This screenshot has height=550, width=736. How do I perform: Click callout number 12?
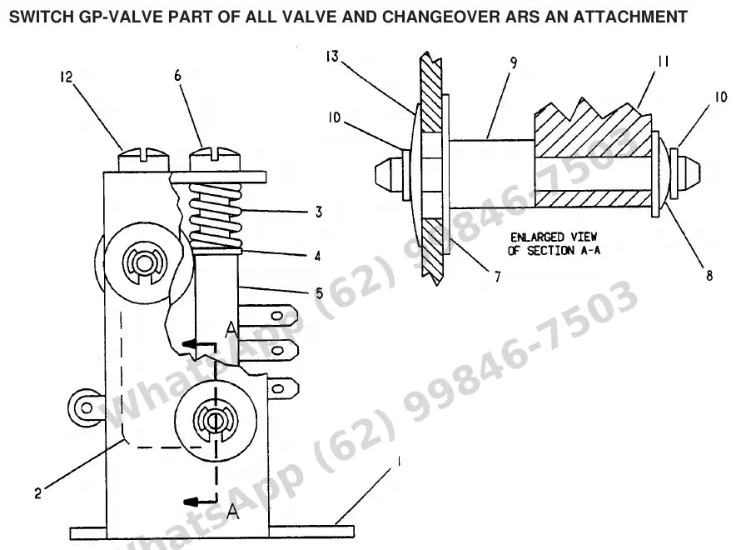(x=66, y=77)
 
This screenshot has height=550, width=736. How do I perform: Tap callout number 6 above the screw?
(x=177, y=76)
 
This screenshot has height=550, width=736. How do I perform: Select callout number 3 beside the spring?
(x=319, y=212)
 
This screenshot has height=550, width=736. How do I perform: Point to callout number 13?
(x=332, y=57)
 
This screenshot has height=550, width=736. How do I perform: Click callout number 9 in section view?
(x=514, y=62)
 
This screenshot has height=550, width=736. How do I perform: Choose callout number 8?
(x=709, y=275)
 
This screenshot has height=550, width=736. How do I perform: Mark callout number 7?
(x=498, y=277)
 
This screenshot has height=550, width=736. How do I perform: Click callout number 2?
(x=38, y=493)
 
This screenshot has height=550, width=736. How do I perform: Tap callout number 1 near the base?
(x=399, y=462)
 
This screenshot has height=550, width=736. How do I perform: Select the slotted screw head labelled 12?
(x=143, y=160)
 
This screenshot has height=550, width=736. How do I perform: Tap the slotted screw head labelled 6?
(x=215, y=159)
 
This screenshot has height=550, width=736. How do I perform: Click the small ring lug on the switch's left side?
(x=83, y=407)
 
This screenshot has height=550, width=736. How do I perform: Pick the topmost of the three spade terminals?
(x=268, y=316)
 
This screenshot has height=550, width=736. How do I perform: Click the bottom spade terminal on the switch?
(x=282, y=388)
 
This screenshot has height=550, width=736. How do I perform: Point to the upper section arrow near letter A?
(x=198, y=344)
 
